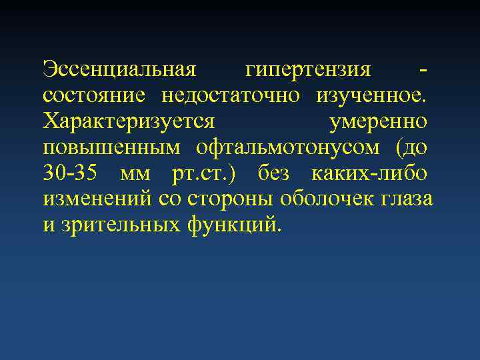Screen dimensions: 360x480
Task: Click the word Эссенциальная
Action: click(x=119, y=69)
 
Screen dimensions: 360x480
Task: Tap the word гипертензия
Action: click(x=307, y=69)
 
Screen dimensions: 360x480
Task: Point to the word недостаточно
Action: click(x=232, y=95)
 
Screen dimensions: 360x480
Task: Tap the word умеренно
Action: click(x=378, y=122)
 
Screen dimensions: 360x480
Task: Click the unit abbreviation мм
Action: click(x=135, y=175)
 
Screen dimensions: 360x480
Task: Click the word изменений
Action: click(x=98, y=199)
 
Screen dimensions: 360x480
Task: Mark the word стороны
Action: click(x=231, y=199)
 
